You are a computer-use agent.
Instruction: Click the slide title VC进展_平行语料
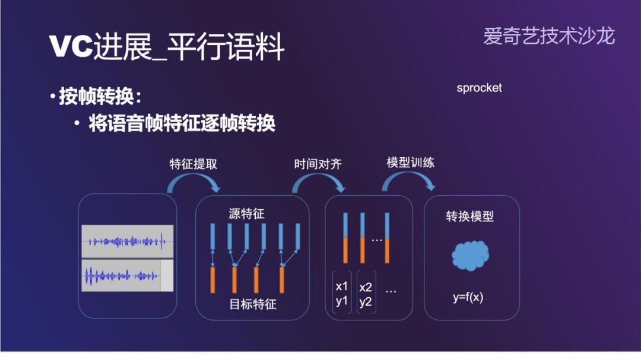pyautogui.click(x=167, y=46)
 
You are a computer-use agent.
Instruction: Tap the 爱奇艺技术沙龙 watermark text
pyautogui.click(x=549, y=36)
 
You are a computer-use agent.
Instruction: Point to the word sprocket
pyautogui.click(x=479, y=88)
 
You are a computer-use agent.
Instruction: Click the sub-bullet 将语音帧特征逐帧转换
pyautogui.click(x=182, y=123)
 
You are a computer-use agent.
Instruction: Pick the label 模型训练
pyautogui.click(x=410, y=163)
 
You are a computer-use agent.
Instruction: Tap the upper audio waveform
pyautogui.click(x=127, y=241)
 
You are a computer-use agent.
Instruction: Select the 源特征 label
pyautogui.click(x=246, y=214)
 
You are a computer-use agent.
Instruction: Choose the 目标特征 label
pyautogui.click(x=253, y=305)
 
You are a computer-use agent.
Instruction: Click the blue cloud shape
pyautogui.click(x=471, y=256)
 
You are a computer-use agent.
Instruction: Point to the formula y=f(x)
pyautogui.click(x=468, y=297)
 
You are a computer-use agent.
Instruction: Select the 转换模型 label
pyautogui.click(x=470, y=216)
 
